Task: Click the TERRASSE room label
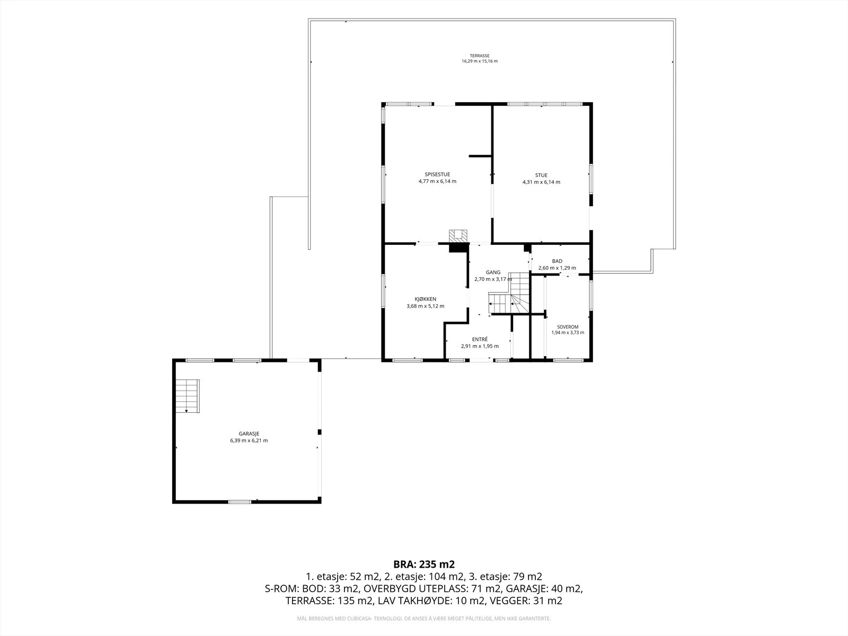click(480, 56)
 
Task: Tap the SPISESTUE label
click(437, 174)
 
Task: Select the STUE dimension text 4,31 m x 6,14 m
click(541, 182)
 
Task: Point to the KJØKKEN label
click(426, 299)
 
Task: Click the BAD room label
click(557, 261)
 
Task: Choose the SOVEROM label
click(568, 327)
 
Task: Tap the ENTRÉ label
click(480, 339)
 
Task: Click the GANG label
click(493, 272)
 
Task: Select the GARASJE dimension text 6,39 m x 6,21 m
click(249, 440)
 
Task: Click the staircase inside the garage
click(188, 396)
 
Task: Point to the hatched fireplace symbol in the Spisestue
click(458, 236)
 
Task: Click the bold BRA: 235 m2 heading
click(424, 564)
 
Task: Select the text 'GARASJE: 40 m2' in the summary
click(543, 588)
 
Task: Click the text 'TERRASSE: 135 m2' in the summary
click(329, 601)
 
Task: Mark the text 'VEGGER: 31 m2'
click(528, 601)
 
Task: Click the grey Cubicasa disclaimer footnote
click(424, 619)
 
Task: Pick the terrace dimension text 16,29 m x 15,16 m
click(480, 61)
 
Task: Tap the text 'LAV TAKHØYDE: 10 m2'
click(430, 601)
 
